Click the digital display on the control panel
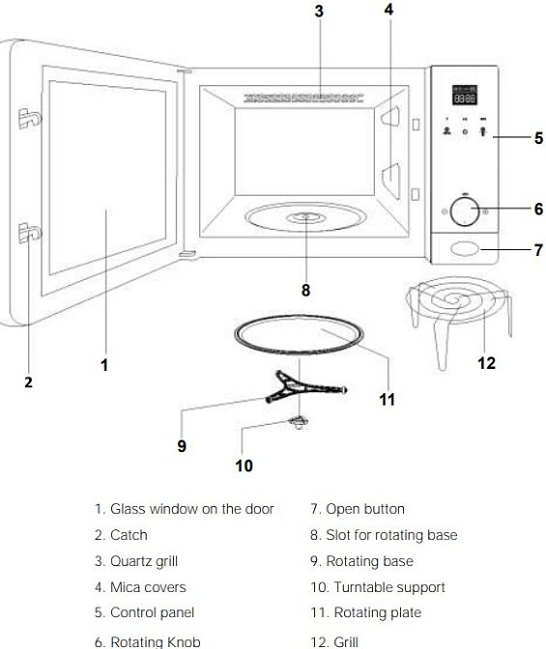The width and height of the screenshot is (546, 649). pyautogui.click(x=465, y=96)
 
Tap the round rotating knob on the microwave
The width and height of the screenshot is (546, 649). pyautogui.click(x=465, y=212)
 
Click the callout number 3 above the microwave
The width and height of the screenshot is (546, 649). pyautogui.click(x=319, y=12)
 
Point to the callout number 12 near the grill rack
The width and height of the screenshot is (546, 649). pyautogui.click(x=486, y=363)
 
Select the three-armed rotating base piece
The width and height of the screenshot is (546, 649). pyautogui.click(x=305, y=387)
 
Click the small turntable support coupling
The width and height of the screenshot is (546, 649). pyautogui.click(x=300, y=422)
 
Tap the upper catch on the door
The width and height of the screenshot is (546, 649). pyautogui.click(x=29, y=118)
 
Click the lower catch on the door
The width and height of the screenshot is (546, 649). pyautogui.click(x=29, y=233)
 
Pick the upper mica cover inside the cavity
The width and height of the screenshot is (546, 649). pyautogui.click(x=390, y=116)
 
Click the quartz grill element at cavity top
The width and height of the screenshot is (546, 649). pyautogui.click(x=302, y=99)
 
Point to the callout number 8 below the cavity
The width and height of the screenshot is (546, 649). pyautogui.click(x=305, y=290)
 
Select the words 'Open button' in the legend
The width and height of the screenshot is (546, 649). pyautogui.click(x=365, y=509)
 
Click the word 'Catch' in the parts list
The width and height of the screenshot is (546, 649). pyautogui.click(x=129, y=535)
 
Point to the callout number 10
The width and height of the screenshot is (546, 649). pyautogui.click(x=244, y=466)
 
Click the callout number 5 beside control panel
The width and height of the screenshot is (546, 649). pyautogui.click(x=538, y=138)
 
